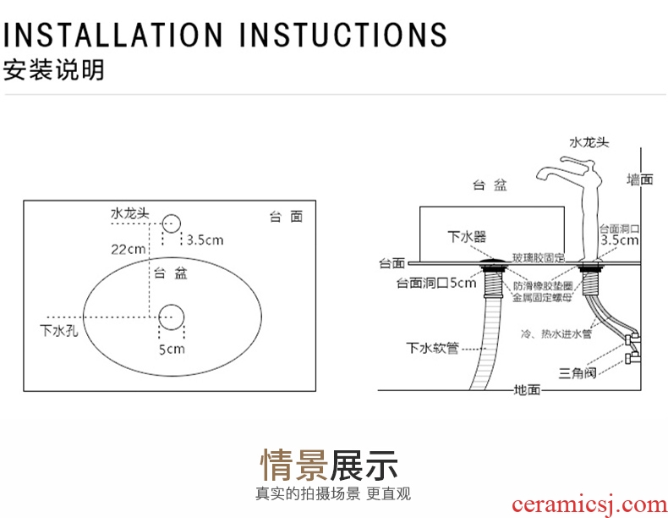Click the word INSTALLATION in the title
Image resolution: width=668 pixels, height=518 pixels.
pyautogui.click(x=112, y=34)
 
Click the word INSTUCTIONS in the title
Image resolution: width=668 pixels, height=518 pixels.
pyautogui.click(x=343, y=34)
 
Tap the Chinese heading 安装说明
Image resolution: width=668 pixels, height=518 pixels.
pyautogui.click(x=53, y=70)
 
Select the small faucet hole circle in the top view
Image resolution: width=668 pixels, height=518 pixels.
pyautogui.click(x=172, y=223)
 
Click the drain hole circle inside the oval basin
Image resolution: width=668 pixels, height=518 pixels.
pyautogui.click(x=172, y=317)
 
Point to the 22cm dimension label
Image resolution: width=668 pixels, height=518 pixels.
pyautogui.click(x=129, y=250)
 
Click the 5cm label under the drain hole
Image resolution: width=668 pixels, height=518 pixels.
pyautogui.click(x=172, y=350)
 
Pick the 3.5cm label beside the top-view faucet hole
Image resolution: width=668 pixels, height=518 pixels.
pyautogui.click(x=205, y=240)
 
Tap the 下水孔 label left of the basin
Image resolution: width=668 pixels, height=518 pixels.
pyautogui.click(x=59, y=330)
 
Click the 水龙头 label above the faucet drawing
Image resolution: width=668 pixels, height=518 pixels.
pyautogui.click(x=589, y=142)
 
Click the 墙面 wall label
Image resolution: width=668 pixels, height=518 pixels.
pyautogui.click(x=639, y=179)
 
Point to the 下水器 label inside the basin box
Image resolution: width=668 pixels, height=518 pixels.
pyautogui.click(x=467, y=236)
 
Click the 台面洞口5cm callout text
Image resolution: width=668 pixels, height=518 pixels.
pyautogui.click(x=436, y=283)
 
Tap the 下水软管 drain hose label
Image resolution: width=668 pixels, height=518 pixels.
pyautogui.click(x=432, y=349)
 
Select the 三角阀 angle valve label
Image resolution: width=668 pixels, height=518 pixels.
pyautogui.click(x=578, y=373)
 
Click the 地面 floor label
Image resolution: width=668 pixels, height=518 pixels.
pyautogui.click(x=527, y=389)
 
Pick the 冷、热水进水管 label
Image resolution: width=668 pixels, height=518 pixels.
pyautogui.click(x=556, y=333)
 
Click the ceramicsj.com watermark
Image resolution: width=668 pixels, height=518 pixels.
pyautogui.click(x=589, y=505)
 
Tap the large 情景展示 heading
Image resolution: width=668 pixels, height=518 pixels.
pyautogui.click(x=329, y=466)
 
